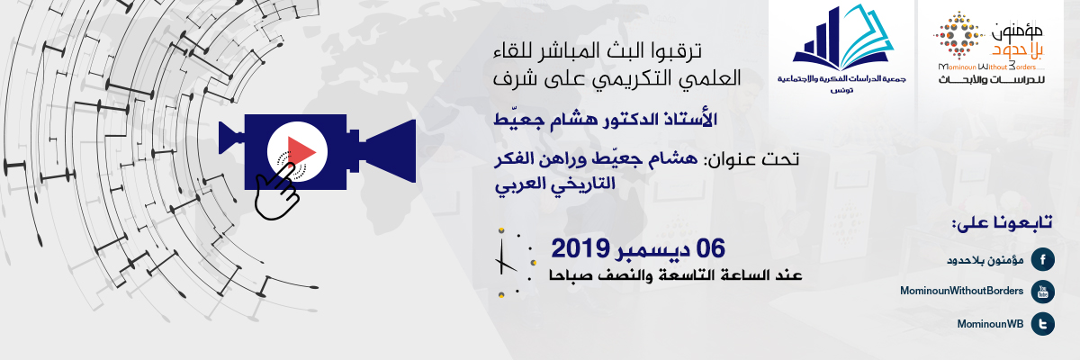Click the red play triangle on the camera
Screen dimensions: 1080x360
pos(300,152)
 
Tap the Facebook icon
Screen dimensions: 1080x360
pos(1042,260)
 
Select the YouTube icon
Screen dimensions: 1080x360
pos(1042,292)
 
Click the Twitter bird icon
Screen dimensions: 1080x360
pos(1042,324)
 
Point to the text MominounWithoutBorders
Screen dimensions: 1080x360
pos(961,291)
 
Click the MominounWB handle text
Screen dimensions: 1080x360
pos(990,324)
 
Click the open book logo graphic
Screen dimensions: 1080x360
pos(843,38)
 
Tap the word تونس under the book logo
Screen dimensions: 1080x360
pos(841,90)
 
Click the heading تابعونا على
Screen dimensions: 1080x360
pos(1002,222)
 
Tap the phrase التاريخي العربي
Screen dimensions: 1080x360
pos(555,185)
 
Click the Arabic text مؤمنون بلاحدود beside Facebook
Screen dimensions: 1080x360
pos(985,261)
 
